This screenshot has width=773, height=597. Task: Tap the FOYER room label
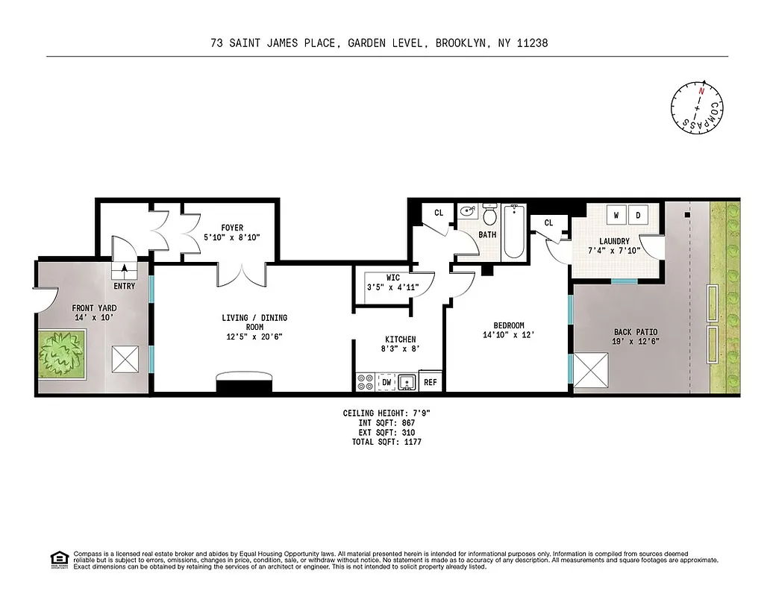click(231, 228)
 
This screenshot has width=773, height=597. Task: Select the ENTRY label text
click(125, 286)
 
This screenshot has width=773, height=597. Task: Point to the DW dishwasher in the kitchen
click(386, 382)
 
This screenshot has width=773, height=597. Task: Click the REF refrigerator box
click(430, 382)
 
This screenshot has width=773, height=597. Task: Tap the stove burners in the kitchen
click(366, 382)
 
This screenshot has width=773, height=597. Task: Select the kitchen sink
click(407, 382)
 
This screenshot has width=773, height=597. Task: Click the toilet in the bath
click(490, 216)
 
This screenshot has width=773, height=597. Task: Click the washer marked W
click(616, 216)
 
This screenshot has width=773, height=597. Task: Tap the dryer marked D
click(639, 216)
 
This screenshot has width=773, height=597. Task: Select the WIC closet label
click(392, 278)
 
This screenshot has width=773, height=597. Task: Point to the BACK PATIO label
click(636, 332)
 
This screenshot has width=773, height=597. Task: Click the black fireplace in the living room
click(244, 383)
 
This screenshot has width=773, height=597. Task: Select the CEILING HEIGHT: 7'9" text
click(386, 413)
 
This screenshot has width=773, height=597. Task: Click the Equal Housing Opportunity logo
click(57, 557)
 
